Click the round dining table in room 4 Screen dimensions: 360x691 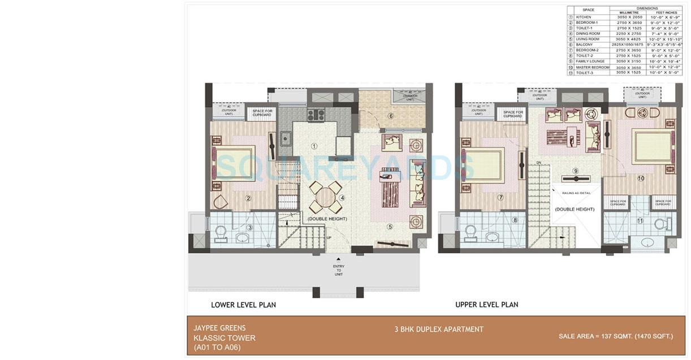pos(325,198)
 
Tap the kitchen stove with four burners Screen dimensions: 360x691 pos(315,115)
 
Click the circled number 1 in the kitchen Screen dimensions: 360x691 pos(314,146)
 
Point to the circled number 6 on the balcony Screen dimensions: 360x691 pos(390,116)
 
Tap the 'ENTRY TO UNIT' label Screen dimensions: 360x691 pos(339,270)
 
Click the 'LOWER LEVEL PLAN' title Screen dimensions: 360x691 pos(243,305)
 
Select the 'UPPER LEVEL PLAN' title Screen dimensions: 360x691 pos(486,305)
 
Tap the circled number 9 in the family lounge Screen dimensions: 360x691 pos(576,171)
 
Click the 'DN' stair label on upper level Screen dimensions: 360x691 pos(539,163)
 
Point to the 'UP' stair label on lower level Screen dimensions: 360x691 pos(329,237)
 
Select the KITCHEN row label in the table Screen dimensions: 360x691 pos(584,17)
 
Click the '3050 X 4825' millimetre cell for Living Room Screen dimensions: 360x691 pos(628,39)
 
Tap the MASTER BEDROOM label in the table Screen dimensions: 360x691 pos(592,67)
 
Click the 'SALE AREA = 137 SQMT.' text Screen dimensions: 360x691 pos(616,336)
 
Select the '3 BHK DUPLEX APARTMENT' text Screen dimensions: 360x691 pos(439,329)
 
